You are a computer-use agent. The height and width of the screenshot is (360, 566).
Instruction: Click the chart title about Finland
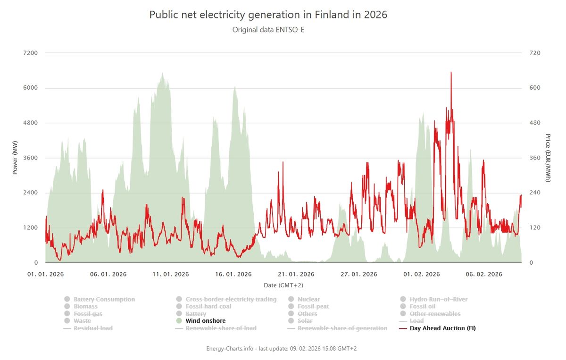268,15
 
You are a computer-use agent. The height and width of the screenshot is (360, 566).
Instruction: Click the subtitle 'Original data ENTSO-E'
268,30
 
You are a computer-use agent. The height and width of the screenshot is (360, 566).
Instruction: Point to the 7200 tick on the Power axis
31,53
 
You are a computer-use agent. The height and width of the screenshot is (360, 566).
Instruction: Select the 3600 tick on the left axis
31,158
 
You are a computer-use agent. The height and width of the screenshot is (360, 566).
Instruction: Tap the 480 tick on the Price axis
535,123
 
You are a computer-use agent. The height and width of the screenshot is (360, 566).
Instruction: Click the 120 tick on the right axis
535,228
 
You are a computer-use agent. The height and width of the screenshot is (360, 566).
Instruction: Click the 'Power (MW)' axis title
15,158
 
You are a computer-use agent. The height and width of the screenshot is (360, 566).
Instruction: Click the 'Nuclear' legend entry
308,300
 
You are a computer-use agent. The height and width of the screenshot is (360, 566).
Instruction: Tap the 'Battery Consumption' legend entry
104,300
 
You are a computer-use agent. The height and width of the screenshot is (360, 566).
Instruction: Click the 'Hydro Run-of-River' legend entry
438,300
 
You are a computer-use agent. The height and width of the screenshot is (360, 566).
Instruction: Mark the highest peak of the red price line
451,72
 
